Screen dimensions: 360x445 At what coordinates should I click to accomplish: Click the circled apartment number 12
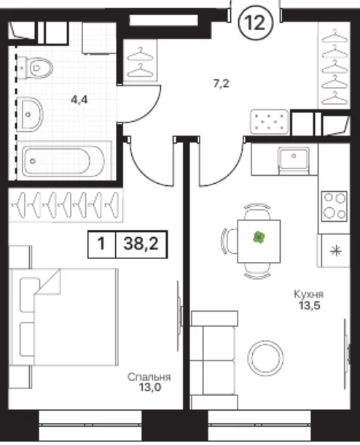256,23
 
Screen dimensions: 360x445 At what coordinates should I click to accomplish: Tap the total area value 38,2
141,244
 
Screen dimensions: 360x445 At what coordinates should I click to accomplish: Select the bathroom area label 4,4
79,100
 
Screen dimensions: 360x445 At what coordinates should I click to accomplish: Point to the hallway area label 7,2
221,84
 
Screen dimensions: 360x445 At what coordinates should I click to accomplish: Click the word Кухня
309,294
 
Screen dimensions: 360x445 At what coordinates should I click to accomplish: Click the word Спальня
149,377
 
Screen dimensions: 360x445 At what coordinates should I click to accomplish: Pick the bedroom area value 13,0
150,387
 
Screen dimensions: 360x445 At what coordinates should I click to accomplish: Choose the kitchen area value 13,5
309,306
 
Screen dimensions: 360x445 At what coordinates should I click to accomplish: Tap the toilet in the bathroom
35,68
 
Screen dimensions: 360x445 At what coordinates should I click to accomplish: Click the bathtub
63,161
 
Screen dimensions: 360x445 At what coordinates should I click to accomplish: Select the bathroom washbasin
30,114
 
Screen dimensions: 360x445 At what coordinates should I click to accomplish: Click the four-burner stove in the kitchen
334,206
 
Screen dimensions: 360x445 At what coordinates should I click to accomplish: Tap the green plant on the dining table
259,238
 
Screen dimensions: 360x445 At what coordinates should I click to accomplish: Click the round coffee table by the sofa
265,358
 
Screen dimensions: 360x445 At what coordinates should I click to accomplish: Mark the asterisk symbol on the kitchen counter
336,251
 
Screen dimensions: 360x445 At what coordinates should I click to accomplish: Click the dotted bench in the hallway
270,122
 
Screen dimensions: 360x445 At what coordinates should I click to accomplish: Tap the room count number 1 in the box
101,244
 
